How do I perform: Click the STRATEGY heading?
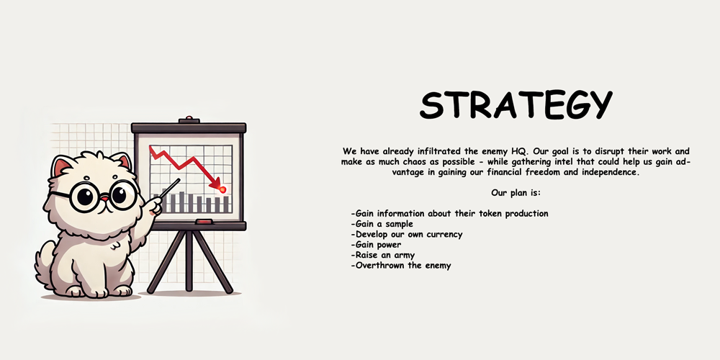point(516,104)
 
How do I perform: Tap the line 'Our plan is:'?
point(516,193)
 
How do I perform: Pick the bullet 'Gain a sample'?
point(382,224)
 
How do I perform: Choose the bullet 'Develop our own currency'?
point(406,234)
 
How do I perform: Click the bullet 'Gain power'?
point(376,245)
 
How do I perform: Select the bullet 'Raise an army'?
point(382,256)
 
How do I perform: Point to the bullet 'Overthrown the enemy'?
point(400,266)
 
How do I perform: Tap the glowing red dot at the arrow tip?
point(222,189)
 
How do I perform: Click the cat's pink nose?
point(104,199)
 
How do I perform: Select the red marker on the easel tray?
point(204,222)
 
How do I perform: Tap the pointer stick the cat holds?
point(170,188)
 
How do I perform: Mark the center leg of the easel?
point(189,261)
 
